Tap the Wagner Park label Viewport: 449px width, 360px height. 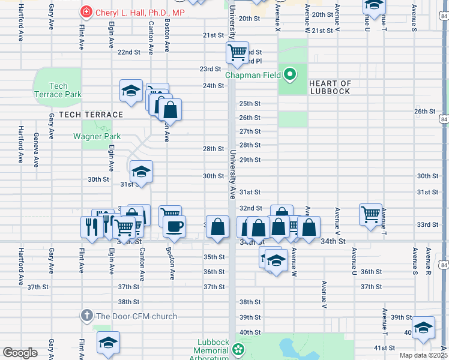coord(97,136)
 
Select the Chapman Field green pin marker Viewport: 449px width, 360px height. coord(290,75)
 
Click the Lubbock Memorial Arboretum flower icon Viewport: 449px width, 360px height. coord(239,349)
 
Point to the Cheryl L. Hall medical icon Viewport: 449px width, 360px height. coord(86,12)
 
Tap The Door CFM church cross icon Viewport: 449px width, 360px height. coord(86,316)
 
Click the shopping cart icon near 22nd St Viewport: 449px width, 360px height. coord(238,52)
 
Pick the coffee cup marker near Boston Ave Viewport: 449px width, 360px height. coord(175,226)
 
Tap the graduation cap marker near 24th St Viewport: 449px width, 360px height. coord(131,91)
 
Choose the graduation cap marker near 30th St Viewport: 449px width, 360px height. coord(141,172)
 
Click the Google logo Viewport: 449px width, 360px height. coord(20,352)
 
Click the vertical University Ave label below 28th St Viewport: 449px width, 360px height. coord(232,174)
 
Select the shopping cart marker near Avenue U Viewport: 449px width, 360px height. coord(371,214)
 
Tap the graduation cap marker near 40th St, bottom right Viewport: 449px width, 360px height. coord(423,327)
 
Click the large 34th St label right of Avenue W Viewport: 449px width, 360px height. coord(334,241)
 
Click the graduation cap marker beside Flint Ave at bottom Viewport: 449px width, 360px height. coord(109,343)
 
